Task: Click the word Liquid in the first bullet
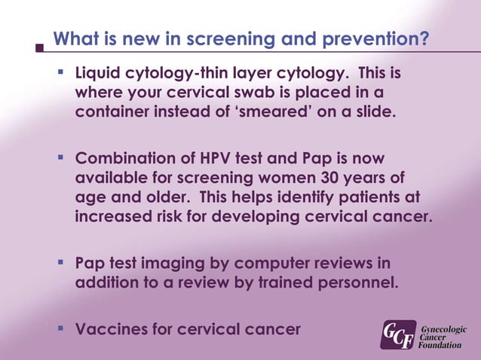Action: [x=100, y=75]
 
